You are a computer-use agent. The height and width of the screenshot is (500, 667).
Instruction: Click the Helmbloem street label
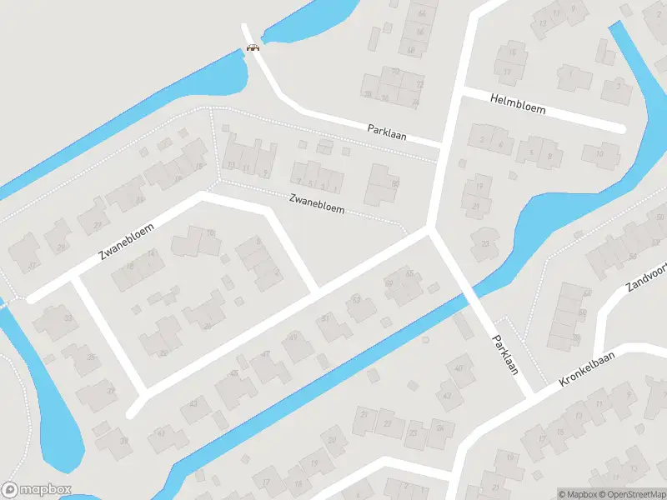[x=518, y=108]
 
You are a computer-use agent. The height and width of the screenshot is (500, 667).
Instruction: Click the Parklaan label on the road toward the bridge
[x=387, y=132]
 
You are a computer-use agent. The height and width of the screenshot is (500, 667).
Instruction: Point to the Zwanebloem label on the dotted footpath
[x=317, y=204]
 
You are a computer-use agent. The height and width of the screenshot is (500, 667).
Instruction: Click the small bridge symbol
[x=253, y=47]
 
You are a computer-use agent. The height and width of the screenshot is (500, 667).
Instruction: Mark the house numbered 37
[x=108, y=392]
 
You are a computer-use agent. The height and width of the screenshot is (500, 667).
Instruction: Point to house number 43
[x=194, y=403]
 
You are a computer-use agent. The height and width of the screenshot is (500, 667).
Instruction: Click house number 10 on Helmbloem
[x=599, y=152]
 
